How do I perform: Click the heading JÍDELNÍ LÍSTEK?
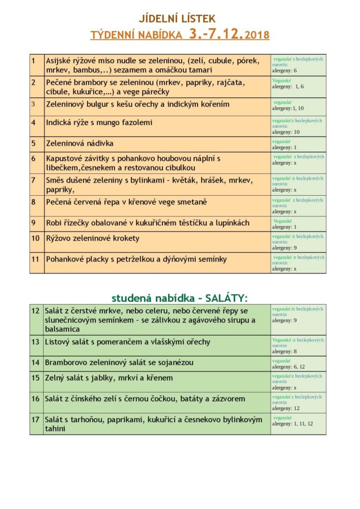179,19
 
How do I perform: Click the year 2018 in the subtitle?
257,36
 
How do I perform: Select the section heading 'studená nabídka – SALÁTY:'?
179,298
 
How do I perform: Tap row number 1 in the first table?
33,60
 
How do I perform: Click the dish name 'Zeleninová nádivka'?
80,143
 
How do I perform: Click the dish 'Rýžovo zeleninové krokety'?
93,238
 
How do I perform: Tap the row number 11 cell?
36,260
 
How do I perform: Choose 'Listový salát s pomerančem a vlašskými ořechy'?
128,342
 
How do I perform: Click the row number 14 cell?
36,363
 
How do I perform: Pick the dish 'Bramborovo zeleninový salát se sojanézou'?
119,363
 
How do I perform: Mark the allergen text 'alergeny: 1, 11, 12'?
293,424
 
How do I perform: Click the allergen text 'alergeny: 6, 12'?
289,367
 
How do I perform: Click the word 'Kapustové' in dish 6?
65,158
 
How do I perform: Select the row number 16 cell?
36,399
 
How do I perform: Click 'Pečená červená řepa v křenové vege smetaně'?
127,202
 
